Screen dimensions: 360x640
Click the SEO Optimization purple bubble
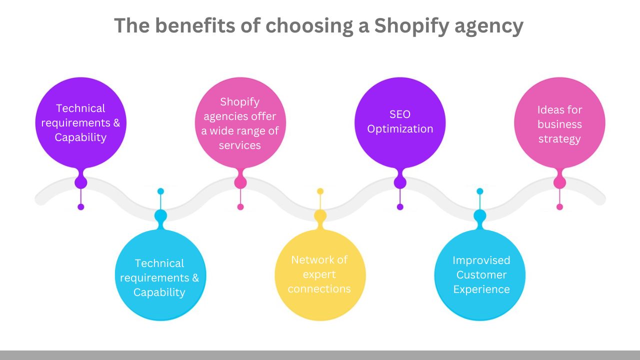tap(400, 122)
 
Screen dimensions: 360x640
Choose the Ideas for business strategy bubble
tap(559, 123)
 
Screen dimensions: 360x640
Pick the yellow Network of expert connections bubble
tap(320, 274)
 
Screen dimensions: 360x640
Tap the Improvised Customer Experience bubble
tap(480, 274)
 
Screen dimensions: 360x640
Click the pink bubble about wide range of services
tap(240, 123)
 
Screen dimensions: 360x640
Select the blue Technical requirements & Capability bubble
tap(160, 274)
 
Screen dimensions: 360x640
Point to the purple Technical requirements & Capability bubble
tap(80, 123)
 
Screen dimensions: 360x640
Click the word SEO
tap(400, 114)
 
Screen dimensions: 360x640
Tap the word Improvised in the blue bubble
tap(481, 260)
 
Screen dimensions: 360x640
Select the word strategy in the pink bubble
tap(559, 138)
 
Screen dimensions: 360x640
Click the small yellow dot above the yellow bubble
tap(320, 191)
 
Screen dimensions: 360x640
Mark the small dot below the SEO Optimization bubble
tap(400, 206)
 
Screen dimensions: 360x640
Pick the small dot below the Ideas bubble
tap(559, 206)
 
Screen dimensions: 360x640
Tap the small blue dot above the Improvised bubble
tap(480, 191)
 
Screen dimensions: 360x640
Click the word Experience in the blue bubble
tap(481, 289)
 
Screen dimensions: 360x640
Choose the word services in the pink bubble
tap(240, 145)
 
